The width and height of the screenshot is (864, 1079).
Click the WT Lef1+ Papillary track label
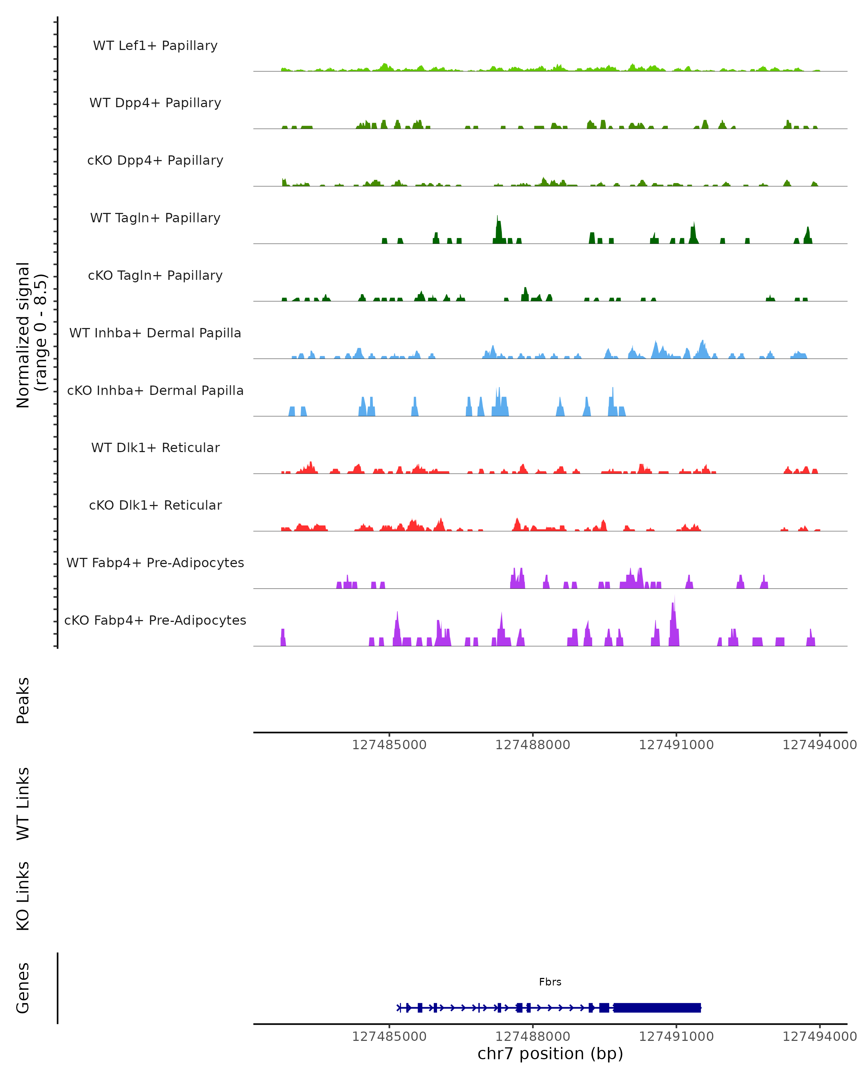(155, 46)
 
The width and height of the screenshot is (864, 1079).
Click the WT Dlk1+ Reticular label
(155, 447)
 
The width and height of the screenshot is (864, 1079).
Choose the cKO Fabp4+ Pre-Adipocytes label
(155, 620)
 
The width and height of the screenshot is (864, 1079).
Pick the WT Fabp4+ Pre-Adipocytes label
(155, 563)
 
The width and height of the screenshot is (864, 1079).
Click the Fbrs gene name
(550, 982)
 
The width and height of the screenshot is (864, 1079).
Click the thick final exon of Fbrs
(657, 1007)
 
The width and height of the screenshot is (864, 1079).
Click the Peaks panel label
(23, 701)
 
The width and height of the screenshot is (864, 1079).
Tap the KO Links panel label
(23, 896)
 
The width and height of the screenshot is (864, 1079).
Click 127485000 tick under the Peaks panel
(389, 745)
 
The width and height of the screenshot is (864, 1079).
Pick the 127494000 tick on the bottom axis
(819, 1037)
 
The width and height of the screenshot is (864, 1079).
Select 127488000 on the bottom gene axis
(532, 1037)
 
